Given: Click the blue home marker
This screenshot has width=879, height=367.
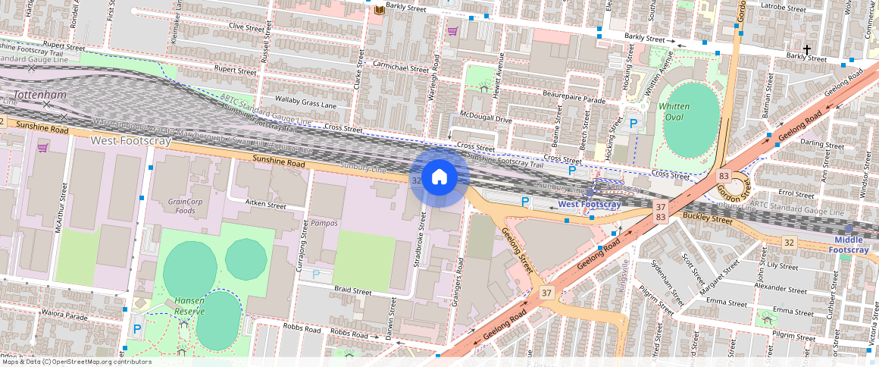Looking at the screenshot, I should (439, 177).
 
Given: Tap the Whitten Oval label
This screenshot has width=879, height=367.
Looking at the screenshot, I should (674, 111).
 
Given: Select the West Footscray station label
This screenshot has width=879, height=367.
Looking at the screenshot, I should (589, 205).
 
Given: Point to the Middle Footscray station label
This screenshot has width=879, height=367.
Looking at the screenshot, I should (848, 245).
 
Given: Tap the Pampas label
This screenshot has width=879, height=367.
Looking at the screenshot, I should (324, 224).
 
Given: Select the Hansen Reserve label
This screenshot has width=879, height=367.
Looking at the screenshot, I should (189, 306).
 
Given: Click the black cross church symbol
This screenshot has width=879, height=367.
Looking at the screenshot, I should (807, 50).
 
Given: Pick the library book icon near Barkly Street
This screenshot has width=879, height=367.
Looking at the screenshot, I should (379, 9).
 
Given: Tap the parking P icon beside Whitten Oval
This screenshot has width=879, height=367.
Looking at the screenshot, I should (633, 123).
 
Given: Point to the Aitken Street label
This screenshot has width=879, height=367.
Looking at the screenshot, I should (267, 205).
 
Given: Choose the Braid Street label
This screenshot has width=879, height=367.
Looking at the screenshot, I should (353, 291).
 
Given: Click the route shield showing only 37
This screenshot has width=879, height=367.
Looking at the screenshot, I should (546, 292).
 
